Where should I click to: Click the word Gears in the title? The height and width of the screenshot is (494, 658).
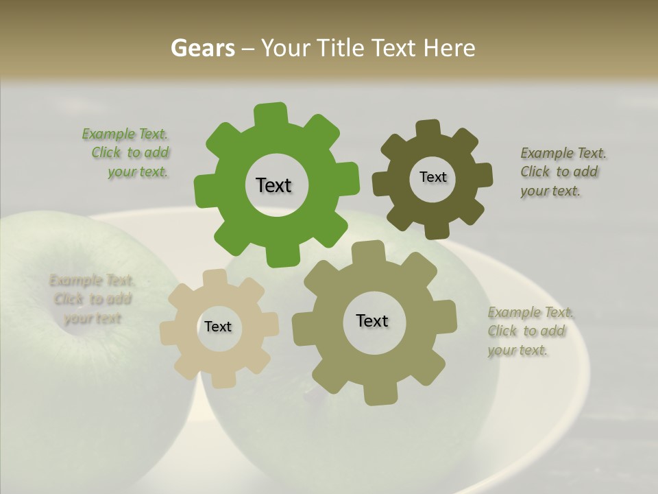point(203,48)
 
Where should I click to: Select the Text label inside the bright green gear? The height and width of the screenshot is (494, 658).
point(273,185)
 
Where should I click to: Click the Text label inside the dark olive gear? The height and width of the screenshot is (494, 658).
point(432,177)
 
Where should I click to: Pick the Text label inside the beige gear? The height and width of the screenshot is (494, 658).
point(218,327)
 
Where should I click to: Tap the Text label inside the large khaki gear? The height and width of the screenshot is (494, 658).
point(372,320)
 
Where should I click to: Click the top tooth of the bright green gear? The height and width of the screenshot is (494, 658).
point(271,114)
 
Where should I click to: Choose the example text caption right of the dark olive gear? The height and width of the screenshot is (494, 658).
point(562,172)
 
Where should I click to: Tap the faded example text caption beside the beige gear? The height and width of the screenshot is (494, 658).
point(92,299)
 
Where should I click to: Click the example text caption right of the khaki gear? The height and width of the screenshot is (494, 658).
point(529,331)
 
